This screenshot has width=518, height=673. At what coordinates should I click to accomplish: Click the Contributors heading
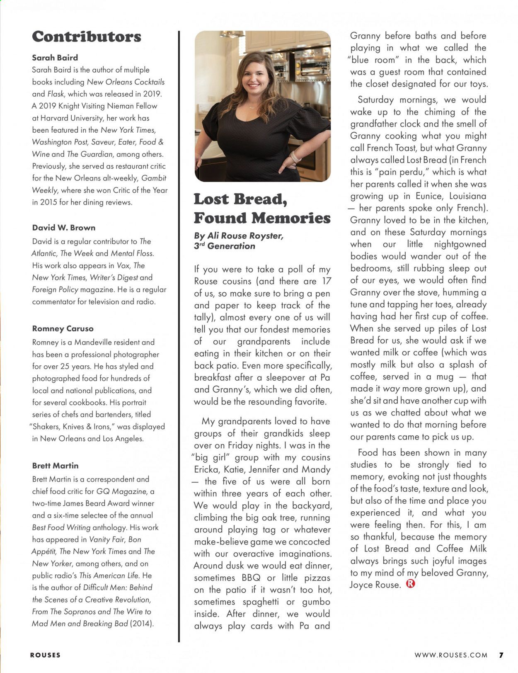[x=87, y=37]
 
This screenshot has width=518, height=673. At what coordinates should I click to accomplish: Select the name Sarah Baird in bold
[x=55, y=58]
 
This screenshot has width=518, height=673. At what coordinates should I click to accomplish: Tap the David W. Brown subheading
[x=64, y=228]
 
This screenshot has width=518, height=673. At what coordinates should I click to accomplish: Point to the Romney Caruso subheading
[x=63, y=328]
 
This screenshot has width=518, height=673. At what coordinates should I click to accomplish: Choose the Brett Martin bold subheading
[x=56, y=466]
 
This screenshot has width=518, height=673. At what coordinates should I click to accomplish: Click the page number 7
[x=501, y=655]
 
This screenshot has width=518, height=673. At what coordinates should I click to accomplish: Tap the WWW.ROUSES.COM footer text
[x=451, y=655]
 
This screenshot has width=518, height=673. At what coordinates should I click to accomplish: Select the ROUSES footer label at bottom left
[x=45, y=655]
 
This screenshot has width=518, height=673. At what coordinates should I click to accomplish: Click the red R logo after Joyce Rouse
[x=411, y=584]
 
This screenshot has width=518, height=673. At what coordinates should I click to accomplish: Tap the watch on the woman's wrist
[x=295, y=157]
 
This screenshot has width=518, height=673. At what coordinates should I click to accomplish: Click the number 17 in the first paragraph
[x=327, y=281]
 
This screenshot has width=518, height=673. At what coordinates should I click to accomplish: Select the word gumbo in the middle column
[x=316, y=602]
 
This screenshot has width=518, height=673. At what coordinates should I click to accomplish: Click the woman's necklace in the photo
[x=252, y=107]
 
